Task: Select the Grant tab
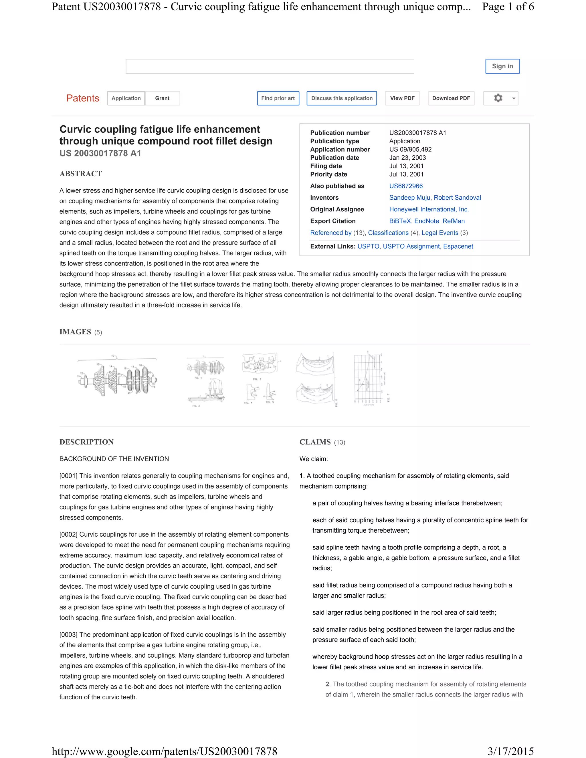[x=162, y=98]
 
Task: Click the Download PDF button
[x=451, y=98]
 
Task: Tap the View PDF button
[x=402, y=98]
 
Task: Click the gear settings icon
[x=498, y=98]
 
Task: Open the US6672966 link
[x=405, y=186]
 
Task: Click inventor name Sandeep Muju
[x=409, y=197]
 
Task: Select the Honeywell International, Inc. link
[x=429, y=209]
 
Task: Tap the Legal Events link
[x=439, y=233]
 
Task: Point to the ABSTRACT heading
[x=80, y=174]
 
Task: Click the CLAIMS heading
[x=315, y=442]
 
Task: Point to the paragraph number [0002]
[x=68, y=535]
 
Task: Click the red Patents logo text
[x=83, y=98]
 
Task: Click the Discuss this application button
[x=342, y=98]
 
